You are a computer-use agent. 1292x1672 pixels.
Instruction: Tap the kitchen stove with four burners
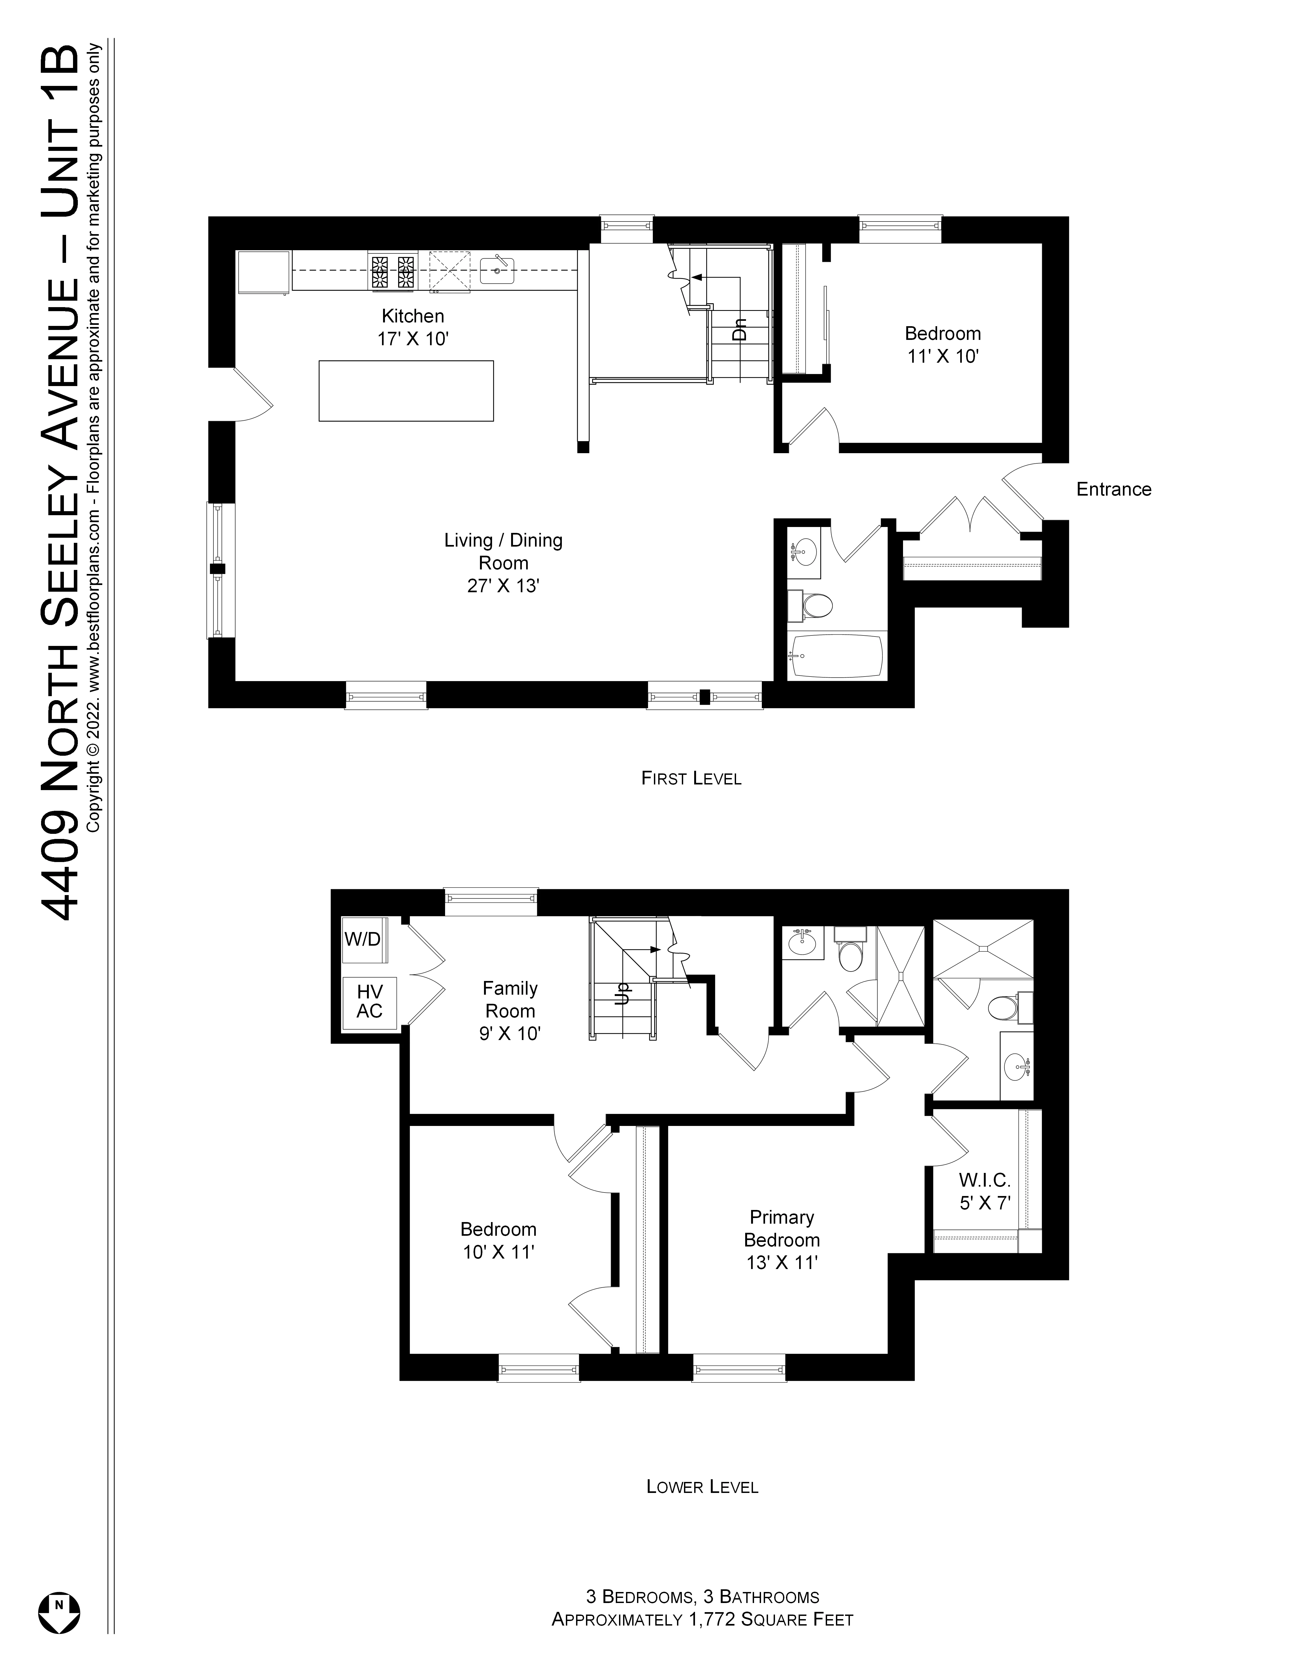point(393,271)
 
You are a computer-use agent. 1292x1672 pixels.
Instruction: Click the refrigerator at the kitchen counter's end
point(263,272)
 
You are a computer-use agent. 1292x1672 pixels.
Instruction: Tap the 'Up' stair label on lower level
point(623,993)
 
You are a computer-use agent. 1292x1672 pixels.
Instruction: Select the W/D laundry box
point(362,939)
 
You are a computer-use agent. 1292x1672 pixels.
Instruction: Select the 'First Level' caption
point(691,779)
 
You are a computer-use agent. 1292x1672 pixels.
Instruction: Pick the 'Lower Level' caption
point(702,1487)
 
